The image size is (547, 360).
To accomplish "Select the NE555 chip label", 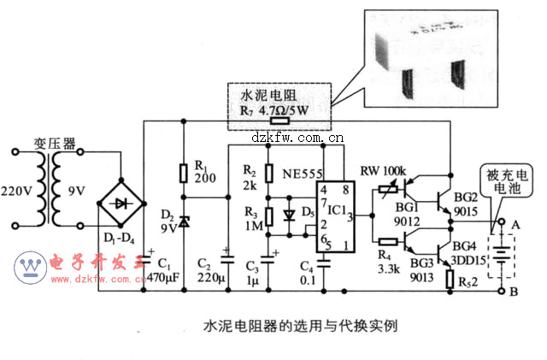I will tap(302, 173).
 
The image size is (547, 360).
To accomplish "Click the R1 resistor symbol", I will tap(183, 174).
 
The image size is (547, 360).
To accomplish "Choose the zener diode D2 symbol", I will tap(183, 224).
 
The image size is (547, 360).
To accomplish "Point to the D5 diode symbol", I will tap(288, 214).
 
